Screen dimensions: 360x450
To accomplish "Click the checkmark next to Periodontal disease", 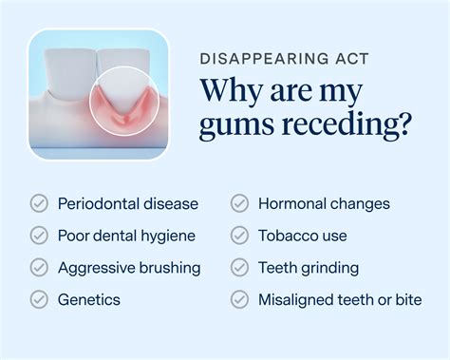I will (39, 203).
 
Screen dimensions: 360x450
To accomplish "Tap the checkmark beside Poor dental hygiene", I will (39, 236).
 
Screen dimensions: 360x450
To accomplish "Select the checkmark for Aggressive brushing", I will (39, 268).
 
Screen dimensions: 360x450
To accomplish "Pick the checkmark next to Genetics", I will (39, 300).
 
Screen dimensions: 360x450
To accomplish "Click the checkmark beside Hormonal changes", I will (240, 203).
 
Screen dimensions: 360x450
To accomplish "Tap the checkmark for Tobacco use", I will (240, 236).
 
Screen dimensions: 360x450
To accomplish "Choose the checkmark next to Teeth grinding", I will (240, 268).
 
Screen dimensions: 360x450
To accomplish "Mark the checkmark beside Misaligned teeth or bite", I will (240, 300).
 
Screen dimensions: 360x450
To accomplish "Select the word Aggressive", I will (100, 269).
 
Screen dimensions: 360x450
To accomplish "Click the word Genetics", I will (89, 300).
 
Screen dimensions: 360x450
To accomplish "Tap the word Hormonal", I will (293, 203).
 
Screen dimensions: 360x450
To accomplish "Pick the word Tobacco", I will (288, 236).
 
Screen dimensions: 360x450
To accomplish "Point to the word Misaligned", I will (297, 300).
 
